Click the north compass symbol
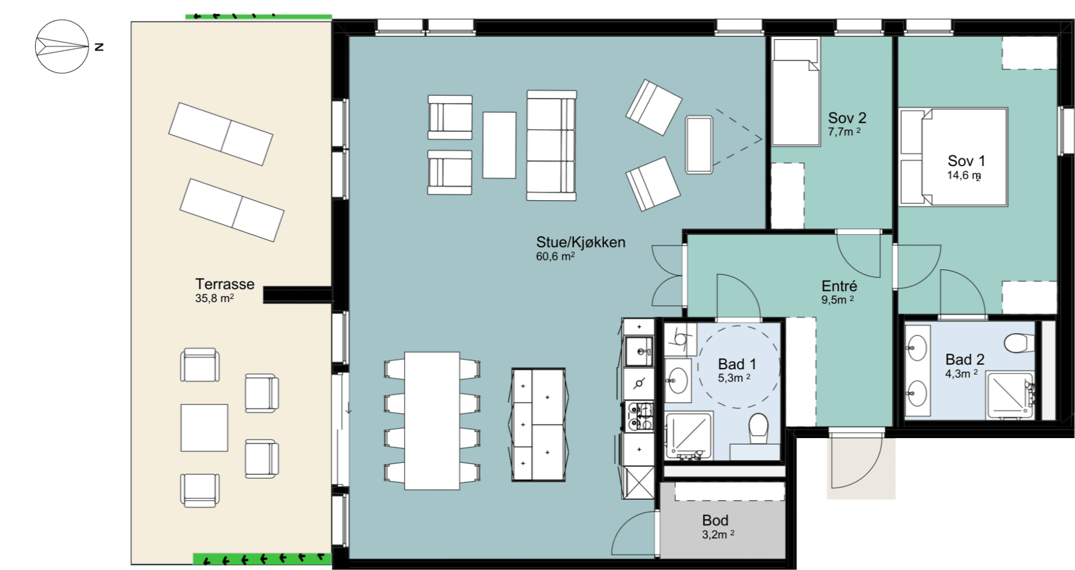click(62, 46)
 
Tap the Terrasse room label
click(225, 284)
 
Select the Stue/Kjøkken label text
click(581, 242)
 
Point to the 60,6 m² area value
click(555, 256)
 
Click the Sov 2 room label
click(847, 118)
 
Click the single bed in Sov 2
click(796, 91)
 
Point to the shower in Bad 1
click(689, 435)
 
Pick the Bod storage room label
click(715, 520)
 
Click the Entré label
click(839, 286)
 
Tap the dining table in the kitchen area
click(432, 421)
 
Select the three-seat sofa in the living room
click(552, 146)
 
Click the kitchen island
click(539, 424)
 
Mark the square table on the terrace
click(204, 428)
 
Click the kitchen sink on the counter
click(640, 351)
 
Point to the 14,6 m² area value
click(964, 175)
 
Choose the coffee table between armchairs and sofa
click(499, 145)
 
